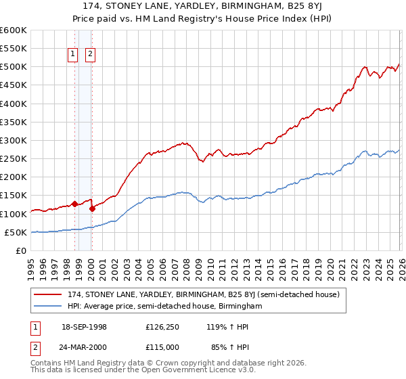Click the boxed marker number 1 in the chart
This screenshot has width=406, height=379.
pyautogui.click(x=72, y=56)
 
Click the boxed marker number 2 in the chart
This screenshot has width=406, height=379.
pyautogui.click(x=90, y=56)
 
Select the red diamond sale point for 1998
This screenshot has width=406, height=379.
pyautogui.click(x=74, y=204)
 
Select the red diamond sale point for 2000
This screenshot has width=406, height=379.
pyautogui.click(x=92, y=208)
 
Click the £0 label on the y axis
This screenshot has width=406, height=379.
pyautogui.click(x=22, y=250)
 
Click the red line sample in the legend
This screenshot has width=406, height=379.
pyautogui.click(x=49, y=294)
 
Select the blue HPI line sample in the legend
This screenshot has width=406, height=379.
pyautogui.click(x=49, y=307)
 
